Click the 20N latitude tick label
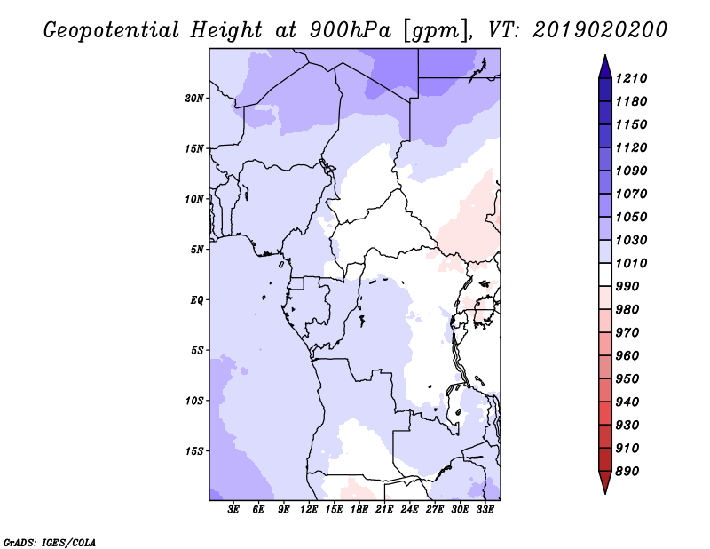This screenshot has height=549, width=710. pos(194,99)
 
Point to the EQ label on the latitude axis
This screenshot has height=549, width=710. pos(197,300)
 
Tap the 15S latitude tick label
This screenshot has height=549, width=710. pos(194,451)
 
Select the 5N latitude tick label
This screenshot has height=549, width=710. pos(197,250)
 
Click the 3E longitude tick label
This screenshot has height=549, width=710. pos(233,510)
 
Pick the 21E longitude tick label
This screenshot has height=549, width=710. pos(384,510)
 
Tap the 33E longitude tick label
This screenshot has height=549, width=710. pos(485,510)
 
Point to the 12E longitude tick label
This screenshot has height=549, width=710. pos(308,510)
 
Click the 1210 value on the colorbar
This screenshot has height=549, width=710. pos(631,78)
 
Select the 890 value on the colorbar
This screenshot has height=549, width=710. pos(627,472)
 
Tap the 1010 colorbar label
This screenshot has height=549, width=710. pos(631,263)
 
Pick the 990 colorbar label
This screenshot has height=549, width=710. pos(627,287)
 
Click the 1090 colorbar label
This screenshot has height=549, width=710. pos(631,171)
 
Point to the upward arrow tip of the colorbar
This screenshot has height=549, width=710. pos(605,55)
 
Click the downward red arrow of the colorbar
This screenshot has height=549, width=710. pos(605,482)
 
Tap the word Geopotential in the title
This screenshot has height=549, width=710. pos(112,31)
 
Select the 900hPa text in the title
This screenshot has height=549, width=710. pos(351,30)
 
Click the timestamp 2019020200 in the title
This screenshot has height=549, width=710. pos(600,30)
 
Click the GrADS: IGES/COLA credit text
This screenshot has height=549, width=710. pos(50,542)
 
